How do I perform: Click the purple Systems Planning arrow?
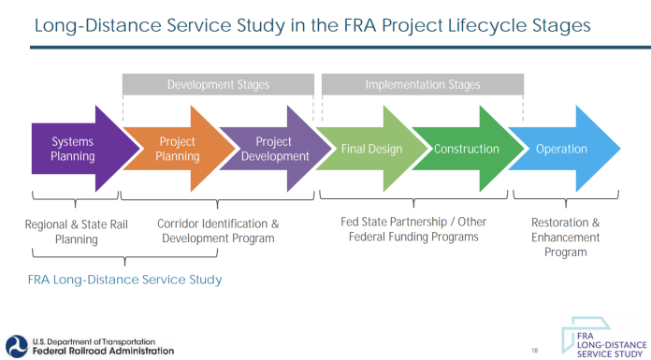(73, 149)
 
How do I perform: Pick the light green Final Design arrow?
(371, 149)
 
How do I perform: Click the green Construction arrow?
(467, 149)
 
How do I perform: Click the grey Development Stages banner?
(218, 85)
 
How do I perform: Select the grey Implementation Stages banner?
(422, 85)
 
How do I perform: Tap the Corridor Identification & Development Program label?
(218, 231)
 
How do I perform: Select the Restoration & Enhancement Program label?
(565, 238)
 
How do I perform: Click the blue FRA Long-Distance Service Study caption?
(125, 279)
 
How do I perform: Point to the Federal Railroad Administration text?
(102, 352)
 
